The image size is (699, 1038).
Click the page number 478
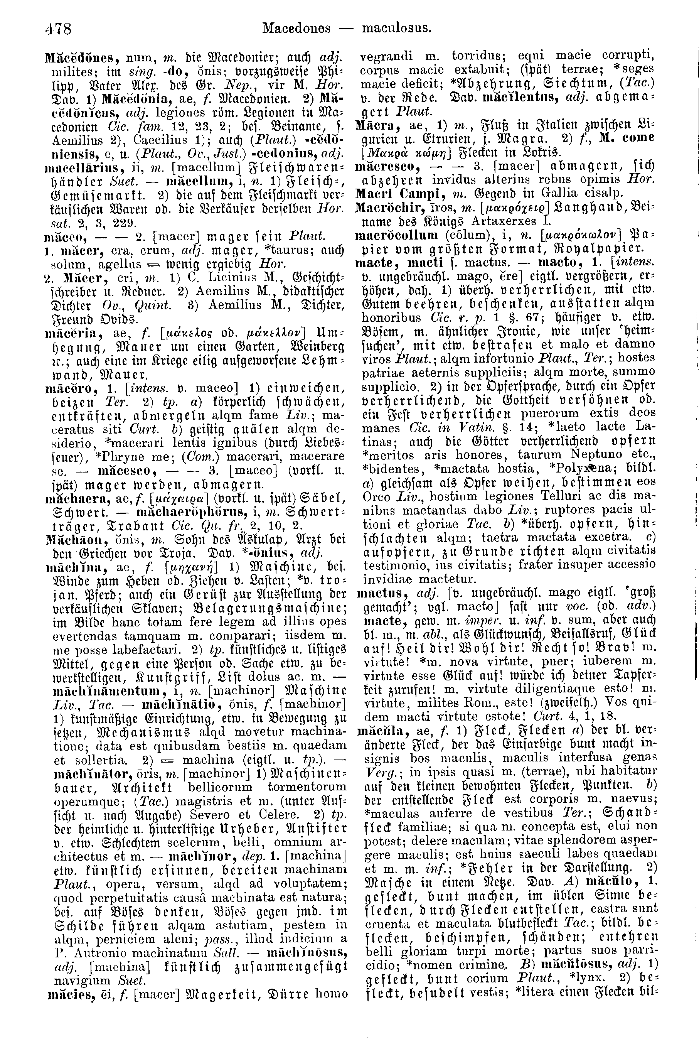58,29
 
